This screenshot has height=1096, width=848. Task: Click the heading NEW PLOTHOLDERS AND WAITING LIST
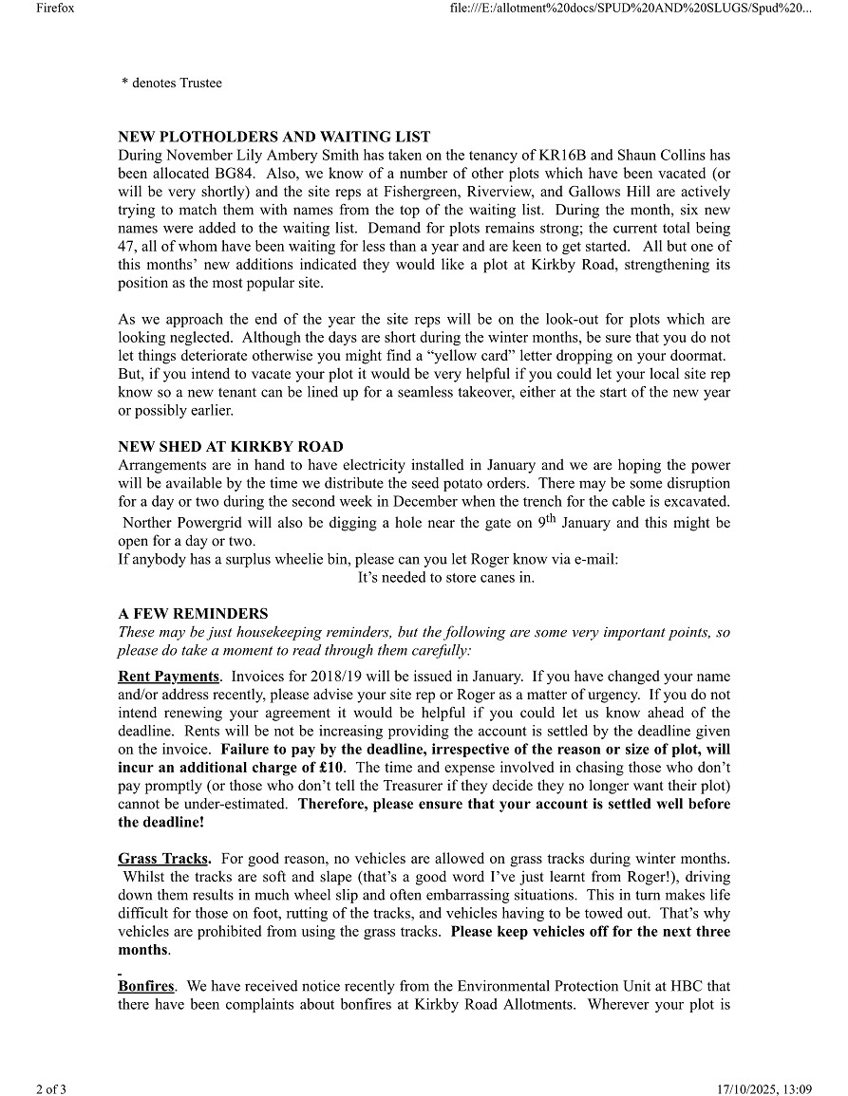click(273, 137)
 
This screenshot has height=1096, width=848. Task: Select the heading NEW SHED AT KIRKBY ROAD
click(231, 447)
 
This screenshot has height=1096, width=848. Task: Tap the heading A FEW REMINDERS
click(193, 614)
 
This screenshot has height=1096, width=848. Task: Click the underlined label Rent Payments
click(168, 677)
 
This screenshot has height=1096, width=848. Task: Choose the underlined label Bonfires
click(145, 987)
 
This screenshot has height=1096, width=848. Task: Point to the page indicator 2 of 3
click(51, 1088)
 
